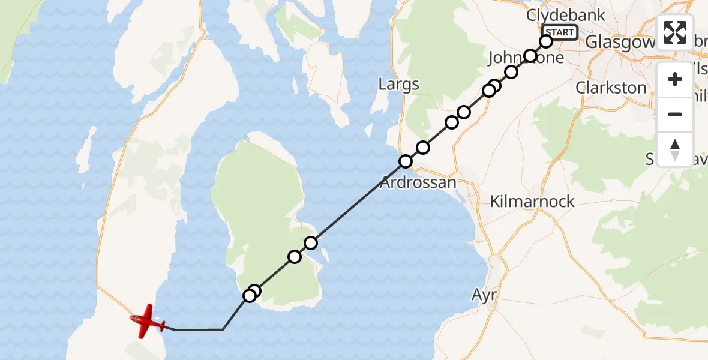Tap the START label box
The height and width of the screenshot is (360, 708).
tap(559, 32)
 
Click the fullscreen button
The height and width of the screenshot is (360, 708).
tap(675, 32)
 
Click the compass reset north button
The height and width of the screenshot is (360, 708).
tap(675, 149)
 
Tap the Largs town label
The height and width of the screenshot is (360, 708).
tap(399, 85)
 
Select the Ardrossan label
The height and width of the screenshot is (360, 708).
tap(419, 182)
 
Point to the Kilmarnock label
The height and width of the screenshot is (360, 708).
tap(532, 202)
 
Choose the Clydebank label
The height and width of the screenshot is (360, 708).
tap(566, 15)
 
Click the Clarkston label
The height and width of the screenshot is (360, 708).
tap(611, 88)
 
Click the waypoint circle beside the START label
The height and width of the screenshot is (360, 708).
tap(546, 41)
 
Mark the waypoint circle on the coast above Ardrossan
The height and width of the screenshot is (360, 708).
tap(406, 161)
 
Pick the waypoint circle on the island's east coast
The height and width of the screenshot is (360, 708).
tap(311, 243)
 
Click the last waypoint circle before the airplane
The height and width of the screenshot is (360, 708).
tap(249, 296)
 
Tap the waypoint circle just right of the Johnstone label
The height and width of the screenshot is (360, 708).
tap(530, 56)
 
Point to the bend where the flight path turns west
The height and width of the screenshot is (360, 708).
tap(223, 329)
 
